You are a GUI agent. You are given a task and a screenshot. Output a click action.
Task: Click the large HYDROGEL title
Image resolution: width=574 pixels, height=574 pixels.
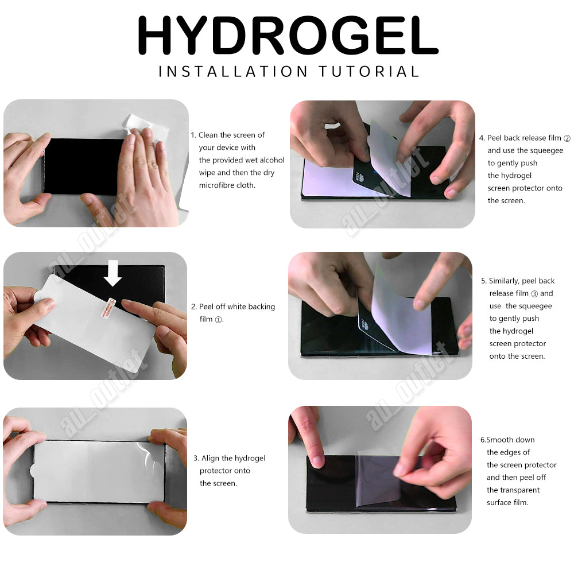pos(287,36)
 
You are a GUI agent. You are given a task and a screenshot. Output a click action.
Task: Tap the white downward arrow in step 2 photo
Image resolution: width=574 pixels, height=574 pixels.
pos(113,273)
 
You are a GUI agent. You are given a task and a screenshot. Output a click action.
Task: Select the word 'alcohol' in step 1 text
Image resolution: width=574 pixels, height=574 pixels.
pos(272,160)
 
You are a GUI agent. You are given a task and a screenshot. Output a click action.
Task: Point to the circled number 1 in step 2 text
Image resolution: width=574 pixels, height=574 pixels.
pos(218,320)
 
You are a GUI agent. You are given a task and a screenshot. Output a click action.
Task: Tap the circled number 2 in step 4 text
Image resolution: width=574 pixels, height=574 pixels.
pos(567,138)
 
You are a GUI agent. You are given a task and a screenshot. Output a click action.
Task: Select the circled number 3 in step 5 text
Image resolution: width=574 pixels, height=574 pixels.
pos(534,294)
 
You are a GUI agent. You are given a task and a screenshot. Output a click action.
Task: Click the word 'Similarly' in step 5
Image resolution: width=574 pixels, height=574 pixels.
pos(504,281)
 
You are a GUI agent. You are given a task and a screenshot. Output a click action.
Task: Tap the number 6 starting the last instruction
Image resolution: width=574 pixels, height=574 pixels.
pos(483,440)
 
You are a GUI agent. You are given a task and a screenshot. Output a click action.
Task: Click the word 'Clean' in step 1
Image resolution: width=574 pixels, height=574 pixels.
pos(209,135)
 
